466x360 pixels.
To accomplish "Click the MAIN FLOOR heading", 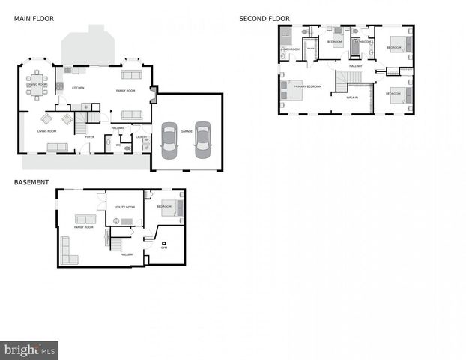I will click(x=34, y=18).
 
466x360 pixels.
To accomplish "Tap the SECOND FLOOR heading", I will click(x=264, y=18).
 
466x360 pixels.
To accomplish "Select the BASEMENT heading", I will click(x=31, y=182).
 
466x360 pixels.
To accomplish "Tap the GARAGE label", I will click(x=186, y=132).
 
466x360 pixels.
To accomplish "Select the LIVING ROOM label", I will click(x=47, y=132).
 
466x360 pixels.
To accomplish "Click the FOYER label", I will click(x=89, y=137).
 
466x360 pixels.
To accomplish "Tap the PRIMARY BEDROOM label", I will click(x=307, y=86).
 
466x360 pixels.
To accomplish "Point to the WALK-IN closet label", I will click(x=351, y=97).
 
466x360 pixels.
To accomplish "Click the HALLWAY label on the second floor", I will click(x=355, y=66).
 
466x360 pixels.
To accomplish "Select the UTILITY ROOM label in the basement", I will click(x=124, y=207).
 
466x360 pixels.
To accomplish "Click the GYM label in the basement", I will click(x=164, y=247).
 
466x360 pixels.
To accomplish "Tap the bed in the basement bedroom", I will click(x=172, y=209).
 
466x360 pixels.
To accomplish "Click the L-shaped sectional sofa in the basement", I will click(x=67, y=251).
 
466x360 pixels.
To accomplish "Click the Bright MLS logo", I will click(x=29, y=349).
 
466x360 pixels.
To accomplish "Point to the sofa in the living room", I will click(x=57, y=147).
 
